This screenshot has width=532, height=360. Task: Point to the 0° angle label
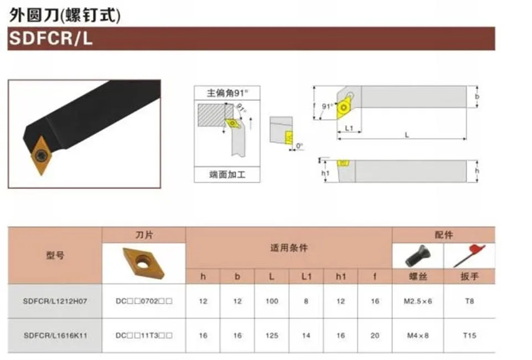(x=300, y=146)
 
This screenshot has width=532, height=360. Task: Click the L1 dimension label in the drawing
(x=349, y=128)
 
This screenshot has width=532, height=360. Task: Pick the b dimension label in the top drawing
(x=477, y=96)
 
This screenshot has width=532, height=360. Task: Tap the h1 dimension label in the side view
(x=326, y=173)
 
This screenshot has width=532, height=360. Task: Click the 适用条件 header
(x=289, y=248)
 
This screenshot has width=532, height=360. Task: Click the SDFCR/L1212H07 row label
(x=55, y=301)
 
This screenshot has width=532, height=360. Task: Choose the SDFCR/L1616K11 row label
(x=55, y=335)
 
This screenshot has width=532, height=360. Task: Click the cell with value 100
(x=272, y=301)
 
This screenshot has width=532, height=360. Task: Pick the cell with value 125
(x=272, y=335)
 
